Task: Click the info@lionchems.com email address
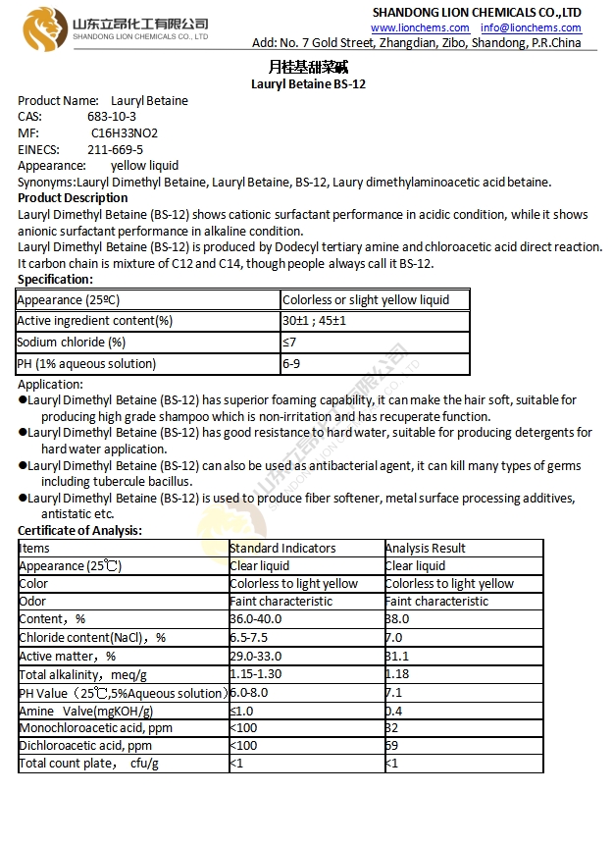coord(531,27)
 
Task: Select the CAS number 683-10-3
coord(112,117)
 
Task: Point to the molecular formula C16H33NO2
coord(125,133)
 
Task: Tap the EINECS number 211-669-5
coord(115,150)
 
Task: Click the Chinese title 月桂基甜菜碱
coord(307,67)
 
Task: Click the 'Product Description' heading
coord(73,198)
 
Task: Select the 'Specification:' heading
coord(55,280)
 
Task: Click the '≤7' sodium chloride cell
coord(289,343)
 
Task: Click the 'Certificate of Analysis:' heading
coord(79,531)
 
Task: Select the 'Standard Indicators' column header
coord(282,549)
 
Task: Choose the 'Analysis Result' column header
coord(426,549)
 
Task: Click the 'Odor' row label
coord(33,602)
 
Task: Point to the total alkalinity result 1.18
coord(398,674)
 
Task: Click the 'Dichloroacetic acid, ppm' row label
coord(86,746)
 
